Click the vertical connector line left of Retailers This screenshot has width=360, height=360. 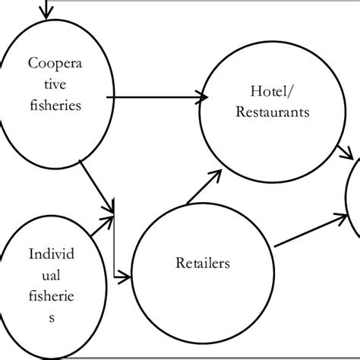click(113, 243)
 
